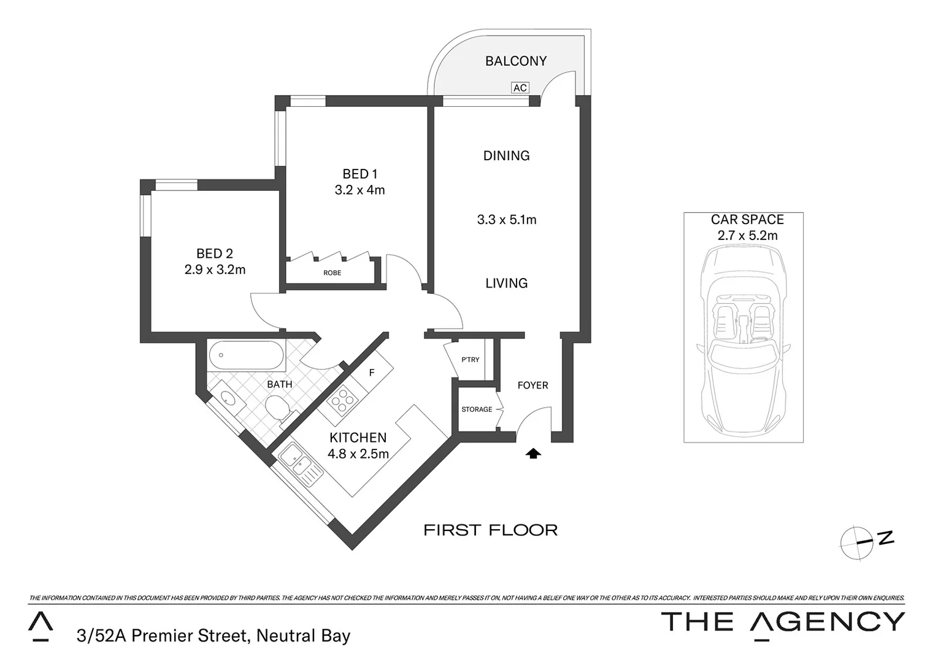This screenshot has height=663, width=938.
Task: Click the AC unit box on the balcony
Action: (520, 88)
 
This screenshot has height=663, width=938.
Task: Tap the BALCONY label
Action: (515, 61)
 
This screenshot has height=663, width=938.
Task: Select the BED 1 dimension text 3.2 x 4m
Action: (359, 190)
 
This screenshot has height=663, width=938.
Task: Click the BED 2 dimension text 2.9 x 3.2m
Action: (215, 269)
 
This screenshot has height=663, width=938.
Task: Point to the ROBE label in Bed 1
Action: (332, 273)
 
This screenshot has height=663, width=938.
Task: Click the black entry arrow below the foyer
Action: (534, 454)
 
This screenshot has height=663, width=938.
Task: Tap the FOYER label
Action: (532, 386)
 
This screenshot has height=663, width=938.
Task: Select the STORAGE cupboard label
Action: (477, 409)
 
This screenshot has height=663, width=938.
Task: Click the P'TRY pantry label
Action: (470, 360)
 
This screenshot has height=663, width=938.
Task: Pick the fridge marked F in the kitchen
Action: (372, 373)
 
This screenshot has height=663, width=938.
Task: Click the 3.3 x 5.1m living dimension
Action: (506, 220)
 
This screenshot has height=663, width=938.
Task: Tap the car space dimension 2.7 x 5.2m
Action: (747, 236)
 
